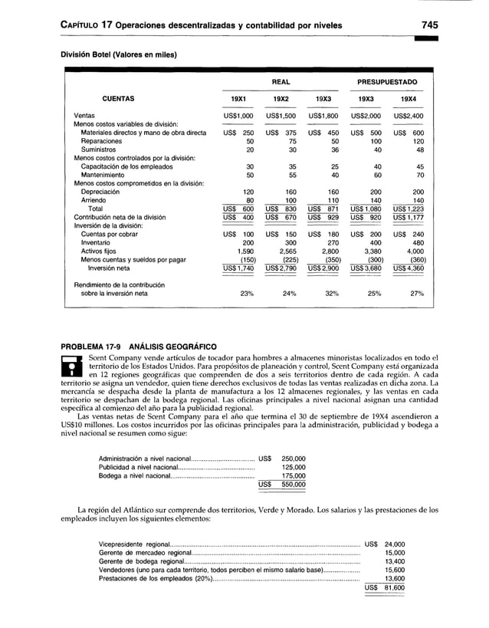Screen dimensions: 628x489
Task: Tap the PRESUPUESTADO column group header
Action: point(387,81)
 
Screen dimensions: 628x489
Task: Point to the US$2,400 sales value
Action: point(408,116)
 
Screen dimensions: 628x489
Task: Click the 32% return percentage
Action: point(331,293)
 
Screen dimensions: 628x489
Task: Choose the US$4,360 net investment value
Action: point(408,268)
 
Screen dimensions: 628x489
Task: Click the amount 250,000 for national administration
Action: point(293,458)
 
